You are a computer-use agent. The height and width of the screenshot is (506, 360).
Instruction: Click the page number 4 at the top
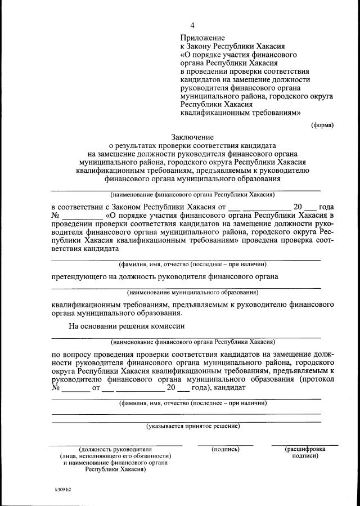[x=193, y=25]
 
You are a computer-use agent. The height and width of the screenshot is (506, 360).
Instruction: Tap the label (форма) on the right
[x=322, y=125]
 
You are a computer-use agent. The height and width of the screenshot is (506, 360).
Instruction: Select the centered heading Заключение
[x=192, y=137]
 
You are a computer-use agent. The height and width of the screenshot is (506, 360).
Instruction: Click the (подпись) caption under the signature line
[x=226, y=449]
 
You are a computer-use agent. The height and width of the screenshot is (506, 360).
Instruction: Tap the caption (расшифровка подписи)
[x=305, y=453]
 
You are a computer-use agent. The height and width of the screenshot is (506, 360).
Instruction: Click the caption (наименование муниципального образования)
[x=192, y=292]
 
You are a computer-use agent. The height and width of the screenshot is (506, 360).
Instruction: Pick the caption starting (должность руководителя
[x=116, y=449]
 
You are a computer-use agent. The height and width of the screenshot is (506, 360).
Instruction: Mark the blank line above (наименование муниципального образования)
[x=186, y=288]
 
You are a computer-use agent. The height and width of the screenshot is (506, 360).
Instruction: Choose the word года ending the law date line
[x=326, y=207]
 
